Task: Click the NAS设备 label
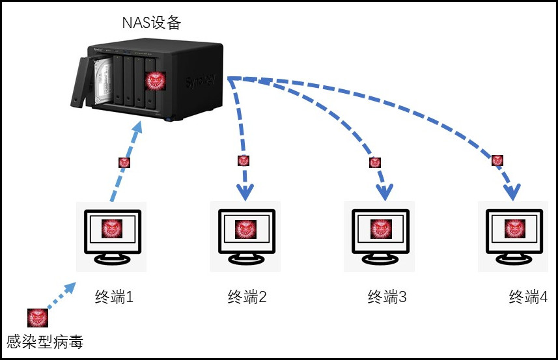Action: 151,23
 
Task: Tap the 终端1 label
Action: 114,298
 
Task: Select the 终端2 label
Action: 247,298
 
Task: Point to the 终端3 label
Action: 387,298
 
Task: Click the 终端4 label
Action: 527,298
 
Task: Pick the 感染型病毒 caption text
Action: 45,340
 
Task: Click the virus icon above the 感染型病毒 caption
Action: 37,318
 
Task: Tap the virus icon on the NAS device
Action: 154,81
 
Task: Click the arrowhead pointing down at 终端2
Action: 246,191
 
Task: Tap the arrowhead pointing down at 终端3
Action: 384,190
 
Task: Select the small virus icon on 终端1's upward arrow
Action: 124,163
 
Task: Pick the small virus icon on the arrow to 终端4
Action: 497,160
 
